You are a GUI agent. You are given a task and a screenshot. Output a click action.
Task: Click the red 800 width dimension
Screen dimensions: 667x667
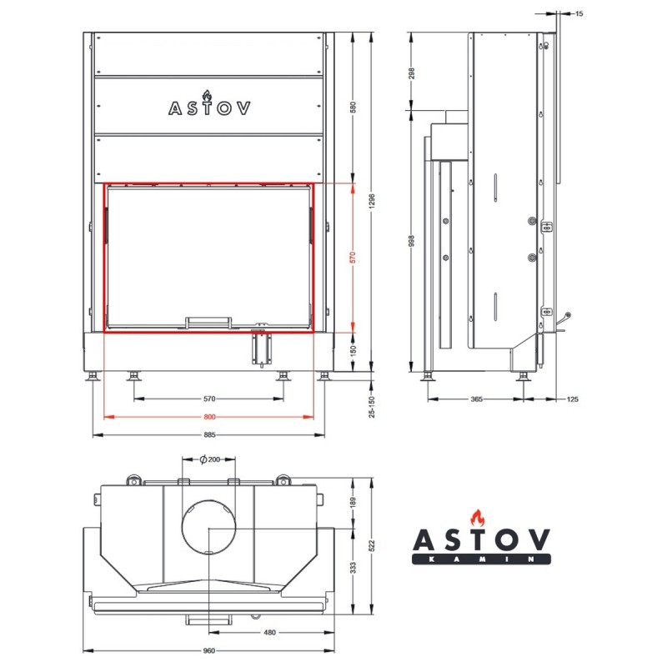[x=209, y=417]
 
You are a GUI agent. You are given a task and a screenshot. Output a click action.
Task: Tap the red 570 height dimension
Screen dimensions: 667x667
[x=352, y=258]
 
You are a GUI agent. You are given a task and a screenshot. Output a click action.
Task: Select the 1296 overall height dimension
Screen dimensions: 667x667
[x=372, y=201]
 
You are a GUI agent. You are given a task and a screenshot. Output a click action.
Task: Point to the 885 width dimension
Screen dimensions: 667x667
[x=209, y=434]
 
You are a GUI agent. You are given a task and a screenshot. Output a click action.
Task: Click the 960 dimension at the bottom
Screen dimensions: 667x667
[x=209, y=650]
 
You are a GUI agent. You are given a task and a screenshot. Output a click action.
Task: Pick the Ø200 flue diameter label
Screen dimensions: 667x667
[x=210, y=459]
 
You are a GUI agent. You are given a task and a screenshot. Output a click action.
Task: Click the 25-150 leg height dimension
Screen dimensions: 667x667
[x=372, y=407]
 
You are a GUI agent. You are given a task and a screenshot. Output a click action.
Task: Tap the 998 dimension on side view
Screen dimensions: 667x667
[x=411, y=241]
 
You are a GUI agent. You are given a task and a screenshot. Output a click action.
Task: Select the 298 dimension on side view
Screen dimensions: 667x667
[x=411, y=73]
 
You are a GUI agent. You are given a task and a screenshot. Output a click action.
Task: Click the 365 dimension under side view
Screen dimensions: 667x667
[x=476, y=399]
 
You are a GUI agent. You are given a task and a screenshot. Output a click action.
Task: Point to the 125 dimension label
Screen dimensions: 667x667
[x=572, y=399]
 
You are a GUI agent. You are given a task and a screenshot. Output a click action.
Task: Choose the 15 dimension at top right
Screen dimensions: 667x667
[x=579, y=13]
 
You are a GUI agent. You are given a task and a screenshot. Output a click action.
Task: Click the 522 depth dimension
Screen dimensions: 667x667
[x=372, y=546]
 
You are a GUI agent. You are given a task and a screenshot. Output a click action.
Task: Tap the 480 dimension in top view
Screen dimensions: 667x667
[x=269, y=633]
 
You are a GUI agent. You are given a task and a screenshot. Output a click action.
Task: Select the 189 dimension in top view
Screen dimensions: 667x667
[x=352, y=503]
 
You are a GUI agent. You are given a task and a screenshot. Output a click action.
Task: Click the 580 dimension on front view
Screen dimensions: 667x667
[x=352, y=108]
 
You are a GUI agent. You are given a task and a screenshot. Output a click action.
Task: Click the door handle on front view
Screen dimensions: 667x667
[x=208, y=322]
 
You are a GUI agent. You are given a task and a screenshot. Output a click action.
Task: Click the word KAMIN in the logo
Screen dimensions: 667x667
[x=481, y=559]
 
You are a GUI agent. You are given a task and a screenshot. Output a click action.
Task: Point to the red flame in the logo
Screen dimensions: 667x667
[x=477, y=518]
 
